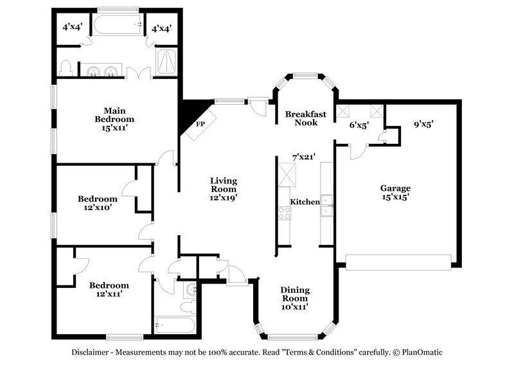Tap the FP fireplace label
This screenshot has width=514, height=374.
(200, 123)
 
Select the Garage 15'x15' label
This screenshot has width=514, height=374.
(395, 193)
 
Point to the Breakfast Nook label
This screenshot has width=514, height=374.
(306, 118)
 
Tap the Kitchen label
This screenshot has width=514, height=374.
(305, 202)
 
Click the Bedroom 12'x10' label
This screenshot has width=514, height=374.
(98, 203)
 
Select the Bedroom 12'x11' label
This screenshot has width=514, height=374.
(109, 289)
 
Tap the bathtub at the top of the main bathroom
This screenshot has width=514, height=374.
(119, 26)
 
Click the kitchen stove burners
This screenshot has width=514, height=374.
(284, 213)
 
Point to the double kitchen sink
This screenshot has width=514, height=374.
(328, 204)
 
